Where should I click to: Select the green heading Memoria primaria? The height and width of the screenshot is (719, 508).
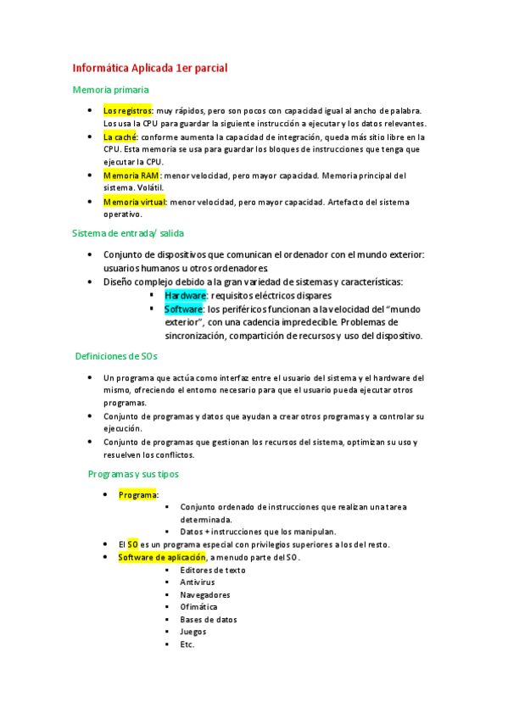pyautogui.click(x=111, y=89)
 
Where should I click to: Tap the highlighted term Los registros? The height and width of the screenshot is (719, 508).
pyautogui.click(x=127, y=111)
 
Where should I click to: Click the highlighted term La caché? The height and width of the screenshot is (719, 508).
pyautogui.click(x=120, y=137)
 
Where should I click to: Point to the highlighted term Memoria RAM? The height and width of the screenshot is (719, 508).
pyautogui.click(x=131, y=176)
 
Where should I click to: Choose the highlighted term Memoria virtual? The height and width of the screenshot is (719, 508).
pyautogui.click(x=134, y=202)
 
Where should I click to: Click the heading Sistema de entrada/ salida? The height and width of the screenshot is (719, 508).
pyautogui.click(x=128, y=232)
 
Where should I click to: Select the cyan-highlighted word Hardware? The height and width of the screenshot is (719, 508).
pyautogui.click(x=185, y=295)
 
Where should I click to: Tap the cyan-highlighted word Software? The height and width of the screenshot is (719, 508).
pyautogui.click(x=183, y=309)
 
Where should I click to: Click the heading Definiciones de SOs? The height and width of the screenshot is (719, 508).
pyautogui.click(x=116, y=356)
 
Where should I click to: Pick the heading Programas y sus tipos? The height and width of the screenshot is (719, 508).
pyautogui.click(x=133, y=474)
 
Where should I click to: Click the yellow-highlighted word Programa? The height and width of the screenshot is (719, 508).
pyautogui.click(x=137, y=495)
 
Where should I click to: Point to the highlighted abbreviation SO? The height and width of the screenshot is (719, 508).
pyautogui.click(x=133, y=544)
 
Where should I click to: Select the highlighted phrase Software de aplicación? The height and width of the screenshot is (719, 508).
pyautogui.click(x=162, y=557)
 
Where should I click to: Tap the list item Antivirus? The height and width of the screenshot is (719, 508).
pyautogui.click(x=197, y=582)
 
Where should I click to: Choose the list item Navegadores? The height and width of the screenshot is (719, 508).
pyautogui.click(x=204, y=594)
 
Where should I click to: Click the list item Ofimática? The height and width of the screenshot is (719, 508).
pyautogui.click(x=198, y=607)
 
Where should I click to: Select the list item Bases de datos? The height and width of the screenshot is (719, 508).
pyautogui.click(x=208, y=619)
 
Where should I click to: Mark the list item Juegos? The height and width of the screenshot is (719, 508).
pyautogui.click(x=193, y=632)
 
